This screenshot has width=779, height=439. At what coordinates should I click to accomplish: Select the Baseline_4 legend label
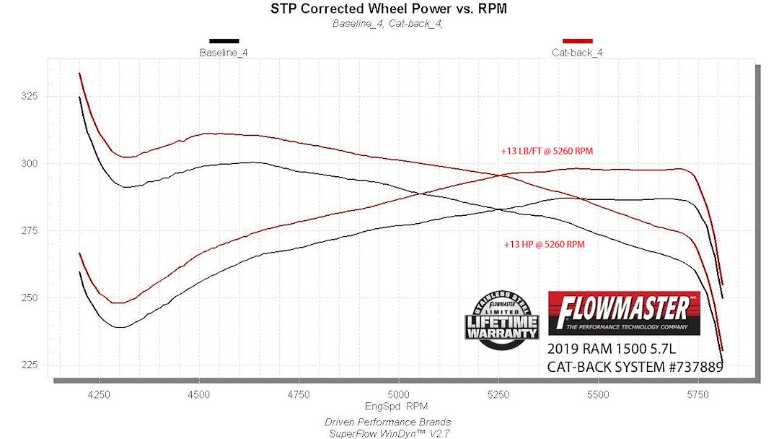pos(224,53)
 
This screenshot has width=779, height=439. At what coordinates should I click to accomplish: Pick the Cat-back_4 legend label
pos(577,53)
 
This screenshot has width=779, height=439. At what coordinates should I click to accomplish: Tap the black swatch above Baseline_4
pos(224,41)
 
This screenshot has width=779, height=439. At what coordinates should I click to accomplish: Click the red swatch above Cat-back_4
pos(577,41)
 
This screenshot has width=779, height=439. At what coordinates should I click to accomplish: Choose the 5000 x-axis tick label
pos(398,394)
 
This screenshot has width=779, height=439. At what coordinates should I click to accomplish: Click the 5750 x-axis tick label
pos(698,394)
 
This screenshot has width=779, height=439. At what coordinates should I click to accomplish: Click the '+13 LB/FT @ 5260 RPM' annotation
pos(547,151)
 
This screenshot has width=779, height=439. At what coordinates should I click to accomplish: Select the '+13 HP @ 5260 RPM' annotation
pos(545,244)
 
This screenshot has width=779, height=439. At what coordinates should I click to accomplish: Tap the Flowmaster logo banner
pos(624,313)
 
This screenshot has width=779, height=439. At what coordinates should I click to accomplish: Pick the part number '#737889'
pos(696,367)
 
